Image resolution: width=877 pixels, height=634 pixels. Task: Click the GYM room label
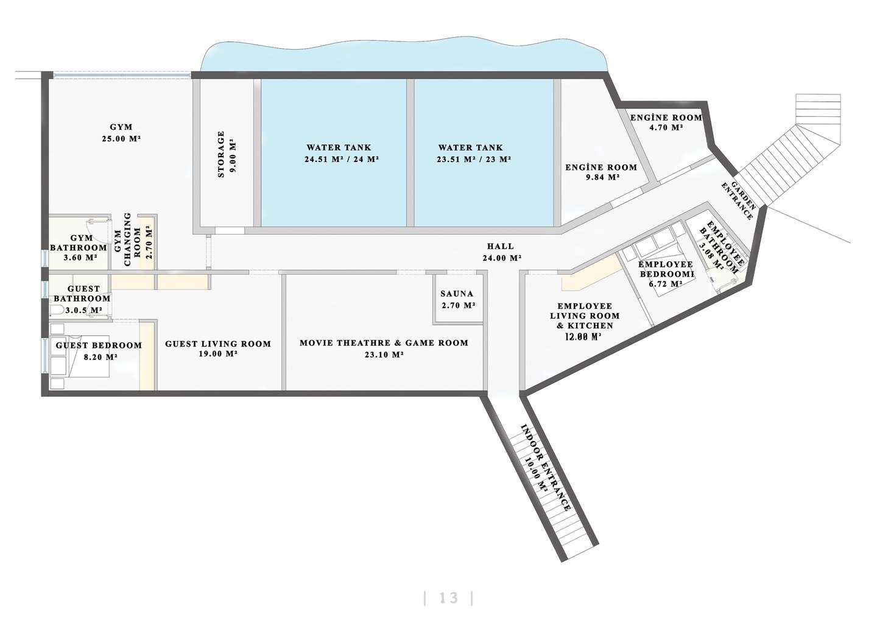pos(121,127)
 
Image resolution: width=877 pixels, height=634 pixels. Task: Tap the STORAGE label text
pos(221,154)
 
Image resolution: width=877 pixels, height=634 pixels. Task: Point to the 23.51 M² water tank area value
pos(454,160)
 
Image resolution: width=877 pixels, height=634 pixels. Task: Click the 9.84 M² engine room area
pos(602,177)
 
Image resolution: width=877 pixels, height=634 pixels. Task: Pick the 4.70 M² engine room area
pos(666,128)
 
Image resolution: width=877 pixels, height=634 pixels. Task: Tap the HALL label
pos(501,246)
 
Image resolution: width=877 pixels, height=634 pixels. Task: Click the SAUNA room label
pos(457,294)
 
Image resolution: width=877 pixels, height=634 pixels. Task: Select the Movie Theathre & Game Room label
pos(384,343)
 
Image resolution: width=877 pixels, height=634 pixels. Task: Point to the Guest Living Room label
pos(218,344)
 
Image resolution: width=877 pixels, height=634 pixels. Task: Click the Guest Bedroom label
pos(99,345)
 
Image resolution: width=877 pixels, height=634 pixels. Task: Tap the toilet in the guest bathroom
pos(57,310)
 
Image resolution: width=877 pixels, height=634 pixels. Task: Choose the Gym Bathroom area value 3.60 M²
pos(80,258)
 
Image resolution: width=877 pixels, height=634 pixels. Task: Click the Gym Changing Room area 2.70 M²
pos(149,242)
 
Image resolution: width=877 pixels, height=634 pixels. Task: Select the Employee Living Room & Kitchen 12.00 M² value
pos(583,336)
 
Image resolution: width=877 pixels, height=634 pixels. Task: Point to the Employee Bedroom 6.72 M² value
pos(666,284)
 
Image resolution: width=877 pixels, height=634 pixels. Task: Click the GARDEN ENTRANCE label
pos(738,200)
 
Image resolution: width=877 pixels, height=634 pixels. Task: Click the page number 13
pos(449,598)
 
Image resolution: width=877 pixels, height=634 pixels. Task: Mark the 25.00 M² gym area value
pos(121,139)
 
